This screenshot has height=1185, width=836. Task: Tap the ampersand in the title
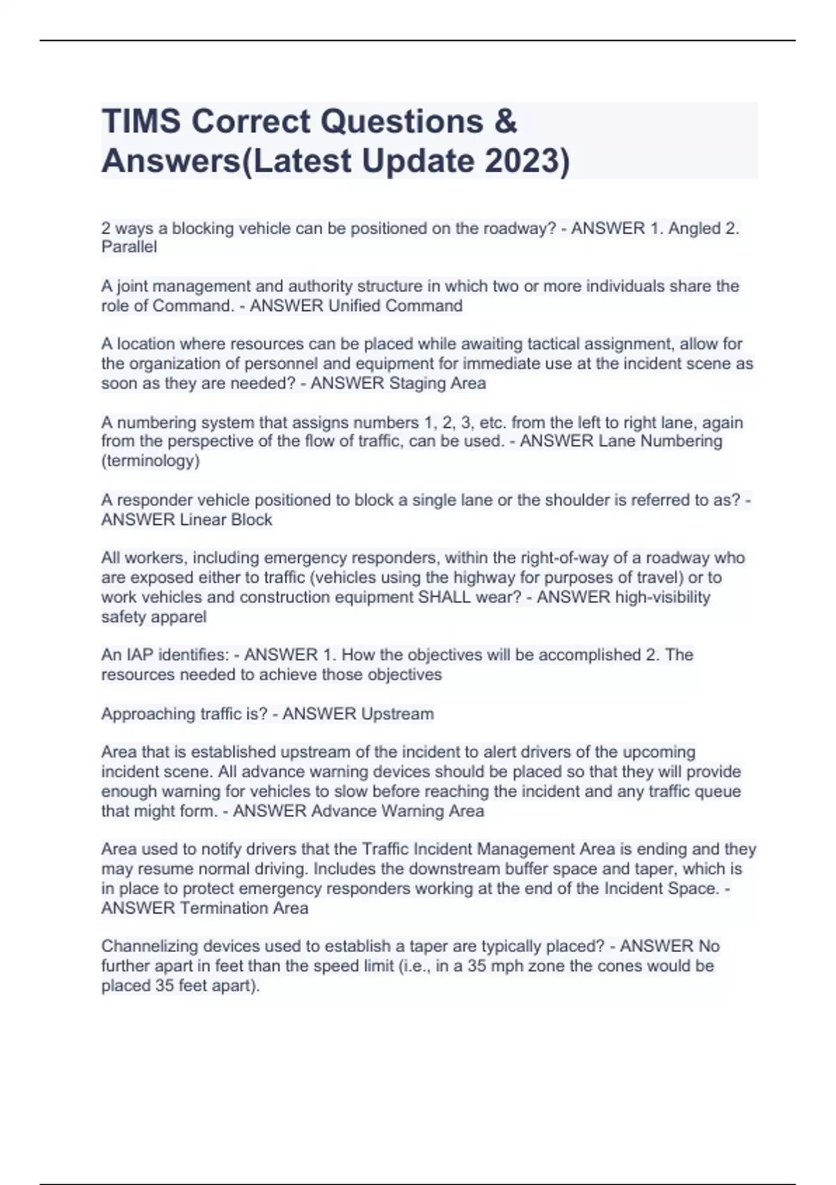pyautogui.click(x=507, y=121)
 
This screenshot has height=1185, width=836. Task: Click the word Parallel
pyautogui.click(x=129, y=247)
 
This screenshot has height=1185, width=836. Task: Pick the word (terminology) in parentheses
pyautogui.click(x=150, y=461)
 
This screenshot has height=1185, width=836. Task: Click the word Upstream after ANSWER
pyautogui.click(x=393, y=714)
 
